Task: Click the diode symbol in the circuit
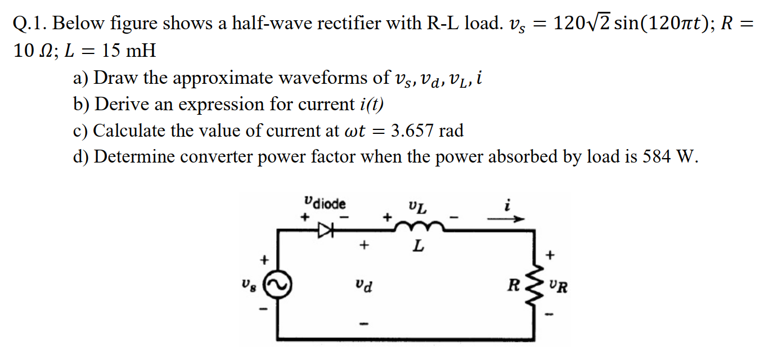click(326, 229)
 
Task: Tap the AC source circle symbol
click(276, 286)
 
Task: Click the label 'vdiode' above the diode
click(325, 202)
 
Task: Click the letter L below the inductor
click(417, 246)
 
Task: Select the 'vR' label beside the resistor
click(559, 287)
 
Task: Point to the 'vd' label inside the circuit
click(363, 286)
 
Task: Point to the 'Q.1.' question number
click(30, 24)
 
